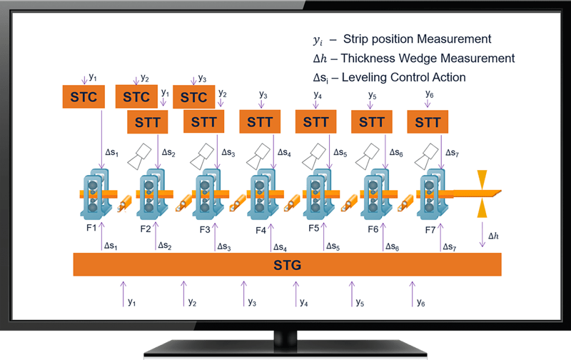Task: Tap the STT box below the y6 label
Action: [428, 122]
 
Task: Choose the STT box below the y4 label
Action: [315, 122]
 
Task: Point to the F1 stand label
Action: [90, 229]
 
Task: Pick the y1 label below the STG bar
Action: [131, 303]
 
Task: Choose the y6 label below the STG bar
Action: [421, 303]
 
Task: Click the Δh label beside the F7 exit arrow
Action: [493, 235]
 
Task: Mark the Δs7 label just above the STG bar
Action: [449, 247]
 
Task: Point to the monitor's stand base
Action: [285, 349]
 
